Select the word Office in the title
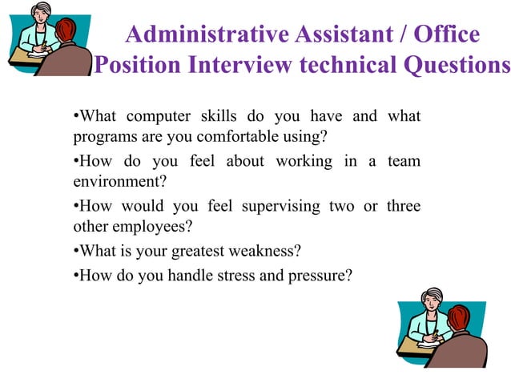pos(445,35)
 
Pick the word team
pos(404,161)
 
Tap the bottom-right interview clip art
pos(443,326)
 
